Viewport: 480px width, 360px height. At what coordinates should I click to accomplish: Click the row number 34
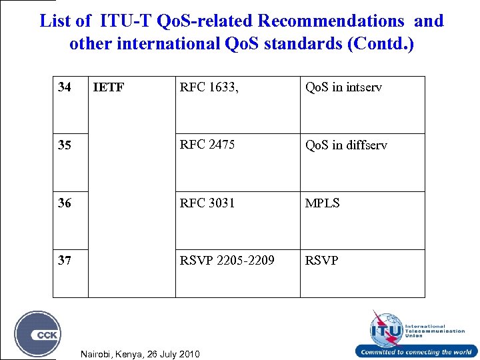click(65, 87)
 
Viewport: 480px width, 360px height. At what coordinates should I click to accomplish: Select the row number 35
click(65, 145)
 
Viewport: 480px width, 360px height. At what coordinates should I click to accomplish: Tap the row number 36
click(65, 203)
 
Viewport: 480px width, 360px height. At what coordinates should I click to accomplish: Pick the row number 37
click(65, 260)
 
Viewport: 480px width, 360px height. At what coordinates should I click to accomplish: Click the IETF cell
click(109, 87)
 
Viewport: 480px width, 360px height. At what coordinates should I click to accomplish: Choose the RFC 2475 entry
click(207, 145)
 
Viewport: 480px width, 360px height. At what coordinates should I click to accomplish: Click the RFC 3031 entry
click(207, 203)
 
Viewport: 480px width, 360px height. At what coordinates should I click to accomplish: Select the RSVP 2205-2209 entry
click(227, 260)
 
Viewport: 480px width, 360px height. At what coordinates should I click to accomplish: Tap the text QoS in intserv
click(343, 87)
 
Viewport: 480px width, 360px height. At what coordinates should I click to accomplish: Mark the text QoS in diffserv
click(346, 145)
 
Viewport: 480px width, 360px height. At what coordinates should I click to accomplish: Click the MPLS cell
click(323, 203)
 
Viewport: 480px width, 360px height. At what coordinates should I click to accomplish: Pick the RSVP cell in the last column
click(321, 260)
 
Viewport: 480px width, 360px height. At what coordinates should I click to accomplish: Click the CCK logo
click(38, 334)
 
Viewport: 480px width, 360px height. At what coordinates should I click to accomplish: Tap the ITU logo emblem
click(387, 328)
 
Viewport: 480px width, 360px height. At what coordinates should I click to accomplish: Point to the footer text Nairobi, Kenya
click(139, 353)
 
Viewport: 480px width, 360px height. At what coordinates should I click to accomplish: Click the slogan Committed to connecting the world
click(416, 352)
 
